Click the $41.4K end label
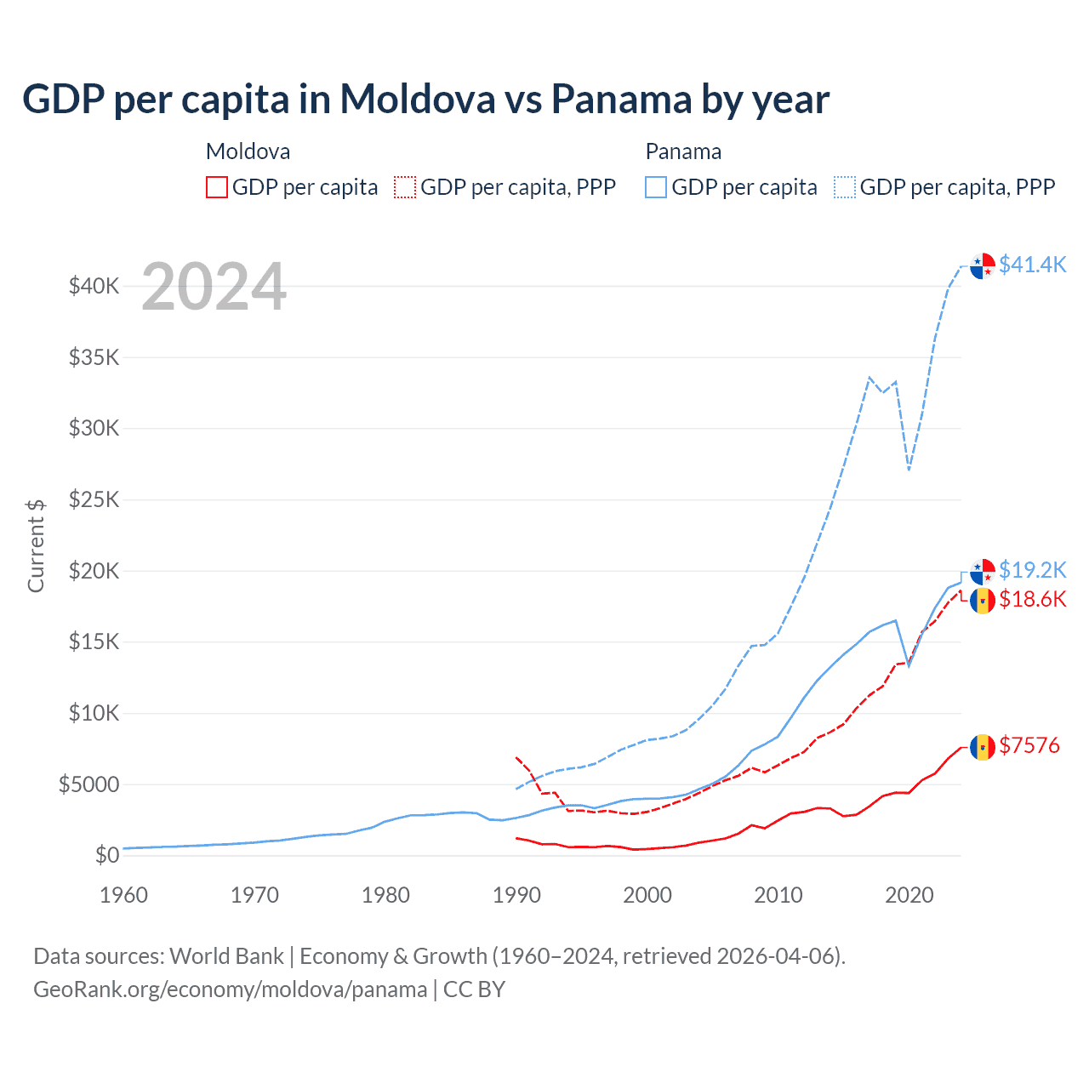coord(1032,265)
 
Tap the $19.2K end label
coord(1032,570)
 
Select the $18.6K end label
coord(1032,600)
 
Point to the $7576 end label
coord(1029,746)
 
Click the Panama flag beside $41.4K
coord(983,265)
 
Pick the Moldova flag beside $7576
coord(983,747)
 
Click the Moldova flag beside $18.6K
coord(983,601)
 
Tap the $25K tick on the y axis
coord(94,499)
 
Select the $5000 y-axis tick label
coord(89,784)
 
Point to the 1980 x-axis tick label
coord(385,895)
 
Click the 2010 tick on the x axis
coord(778,895)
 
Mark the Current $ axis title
coord(36,545)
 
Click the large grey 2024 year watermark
coord(214,287)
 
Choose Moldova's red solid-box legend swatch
coord(217,187)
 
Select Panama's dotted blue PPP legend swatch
coord(845,187)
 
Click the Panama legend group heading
coord(683,151)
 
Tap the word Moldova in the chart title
coord(417,99)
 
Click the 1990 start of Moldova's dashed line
coord(516,756)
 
